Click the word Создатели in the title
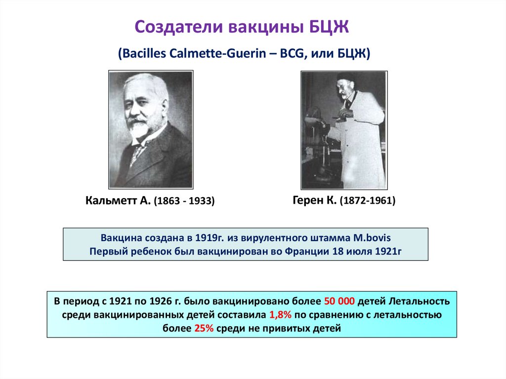179,27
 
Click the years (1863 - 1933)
184,202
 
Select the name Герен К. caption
314,200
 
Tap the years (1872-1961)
367,201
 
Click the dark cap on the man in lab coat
346,77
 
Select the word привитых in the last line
289,328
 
